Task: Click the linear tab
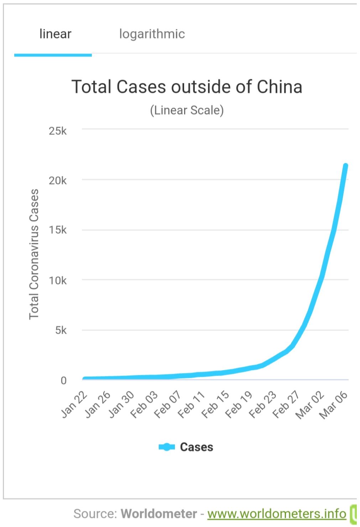coord(55,34)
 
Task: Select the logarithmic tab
coord(152,34)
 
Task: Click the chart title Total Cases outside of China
coord(187,87)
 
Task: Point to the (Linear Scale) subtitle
coord(187,110)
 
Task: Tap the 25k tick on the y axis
coord(58,131)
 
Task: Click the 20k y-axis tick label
coord(58,181)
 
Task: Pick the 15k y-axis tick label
coord(58,230)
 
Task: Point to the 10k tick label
coord(58,281)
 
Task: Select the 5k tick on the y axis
coord(61,330)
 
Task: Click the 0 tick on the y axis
coord(63,380)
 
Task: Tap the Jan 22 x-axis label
coord(74,405)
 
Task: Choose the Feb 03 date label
coord(144,405)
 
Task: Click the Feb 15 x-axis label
coord(215,405)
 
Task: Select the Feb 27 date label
coord(286,405)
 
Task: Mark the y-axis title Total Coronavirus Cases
coord(34,254)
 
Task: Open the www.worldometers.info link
coord(277,513)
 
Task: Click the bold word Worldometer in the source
coord(158,513)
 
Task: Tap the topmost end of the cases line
coord(345,166)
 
